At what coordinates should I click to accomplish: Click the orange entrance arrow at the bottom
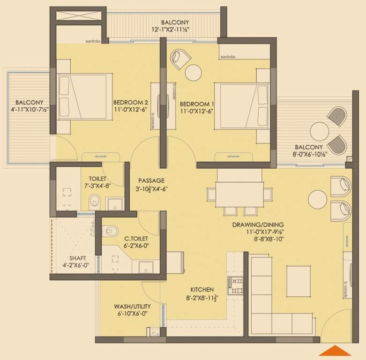click(x=335, y=351)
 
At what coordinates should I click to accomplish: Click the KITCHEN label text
click(x=202, y=290)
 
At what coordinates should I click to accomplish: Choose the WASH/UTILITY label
click(x=131, y=307)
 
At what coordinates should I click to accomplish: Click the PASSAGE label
click(x=151, y=180)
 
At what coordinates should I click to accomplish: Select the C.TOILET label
click(x=137, y=238)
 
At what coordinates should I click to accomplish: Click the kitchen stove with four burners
click(x=235, y=285)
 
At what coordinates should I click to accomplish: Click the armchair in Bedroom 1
click(x=180, y=58)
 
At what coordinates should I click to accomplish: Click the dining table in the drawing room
click(x=239, y=193)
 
